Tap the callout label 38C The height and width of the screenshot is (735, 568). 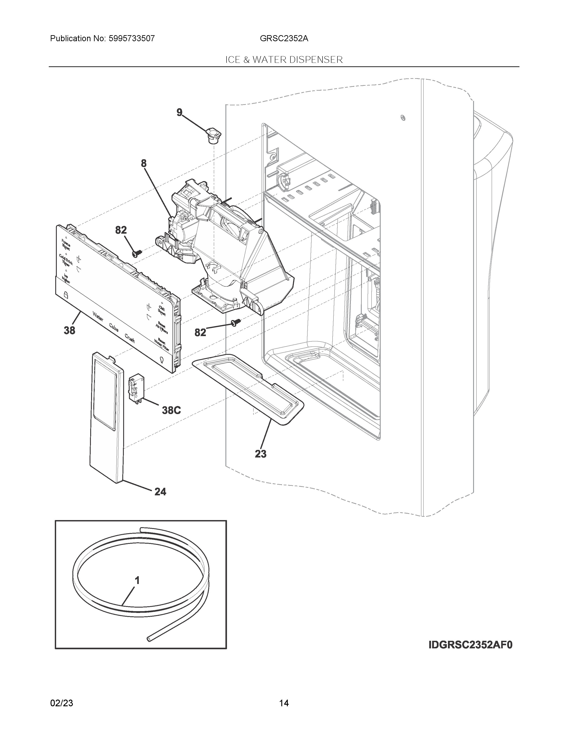pyautogui.click(x=171, y=410)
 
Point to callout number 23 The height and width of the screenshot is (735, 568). pyautogui.click(x=260, y=454)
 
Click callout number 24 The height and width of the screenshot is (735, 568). pyautogui.click(x=160, y=492)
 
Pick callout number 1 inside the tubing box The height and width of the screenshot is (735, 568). pyautogui.click(x=137, y=580)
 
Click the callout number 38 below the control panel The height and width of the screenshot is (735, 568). pyautogui.click(x=70, y=331)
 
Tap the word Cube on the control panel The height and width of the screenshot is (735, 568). pyautogui.click(x=113, y=327)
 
